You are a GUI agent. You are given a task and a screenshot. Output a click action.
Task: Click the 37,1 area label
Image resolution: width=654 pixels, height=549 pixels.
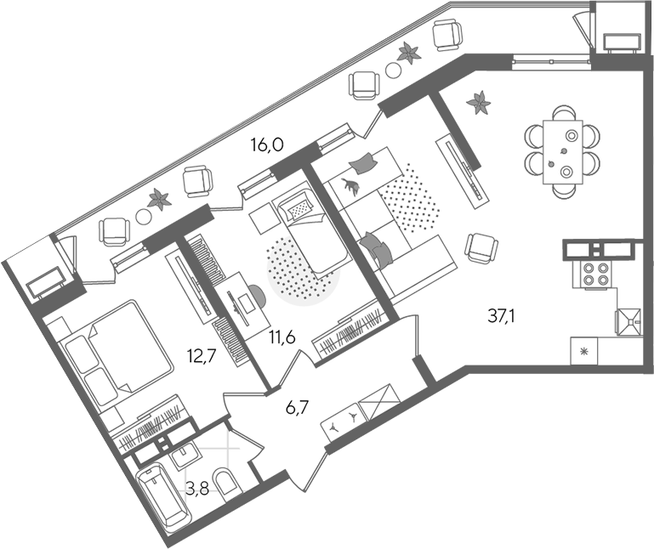click(x=501, y=317)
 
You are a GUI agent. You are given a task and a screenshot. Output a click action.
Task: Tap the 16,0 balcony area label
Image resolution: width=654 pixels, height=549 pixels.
click(x=267, y=144)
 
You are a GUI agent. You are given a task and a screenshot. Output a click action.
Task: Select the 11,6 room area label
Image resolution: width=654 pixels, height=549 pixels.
click(x=282, y=337)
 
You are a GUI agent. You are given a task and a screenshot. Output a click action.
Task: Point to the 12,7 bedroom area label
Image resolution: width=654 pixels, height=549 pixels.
click(x=202, y=356)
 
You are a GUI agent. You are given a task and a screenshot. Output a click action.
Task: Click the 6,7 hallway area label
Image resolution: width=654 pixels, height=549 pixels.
click(x=297, y=408)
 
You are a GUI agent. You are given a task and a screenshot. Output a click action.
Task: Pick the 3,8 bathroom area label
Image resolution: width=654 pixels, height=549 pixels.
click(x=196, y=488)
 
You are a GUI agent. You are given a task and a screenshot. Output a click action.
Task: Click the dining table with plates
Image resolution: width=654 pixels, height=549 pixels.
click(x=563, y=152)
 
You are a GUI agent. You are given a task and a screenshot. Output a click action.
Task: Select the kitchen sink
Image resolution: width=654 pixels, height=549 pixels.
click(x=628, y=321)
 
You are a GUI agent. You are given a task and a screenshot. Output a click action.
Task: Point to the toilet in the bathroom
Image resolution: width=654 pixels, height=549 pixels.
click(x=227, y=483)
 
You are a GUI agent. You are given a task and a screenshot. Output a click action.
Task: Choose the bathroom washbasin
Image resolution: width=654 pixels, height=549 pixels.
click(x=187, y=456)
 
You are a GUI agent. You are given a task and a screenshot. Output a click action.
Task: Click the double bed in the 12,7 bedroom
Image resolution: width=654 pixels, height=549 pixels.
click(x=117, y=353)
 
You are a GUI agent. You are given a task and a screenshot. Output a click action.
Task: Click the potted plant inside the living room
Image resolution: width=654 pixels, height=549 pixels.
click(x=478, y=103)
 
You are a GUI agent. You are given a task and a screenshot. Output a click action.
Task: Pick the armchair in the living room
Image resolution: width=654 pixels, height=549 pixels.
click(x=481, y=247)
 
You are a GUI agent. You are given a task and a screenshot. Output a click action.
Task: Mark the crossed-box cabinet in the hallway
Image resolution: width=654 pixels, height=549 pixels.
click(x=379, y=401)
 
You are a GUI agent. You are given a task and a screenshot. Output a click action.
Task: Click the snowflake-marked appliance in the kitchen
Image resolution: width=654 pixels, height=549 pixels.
click(x=584, y=351)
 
